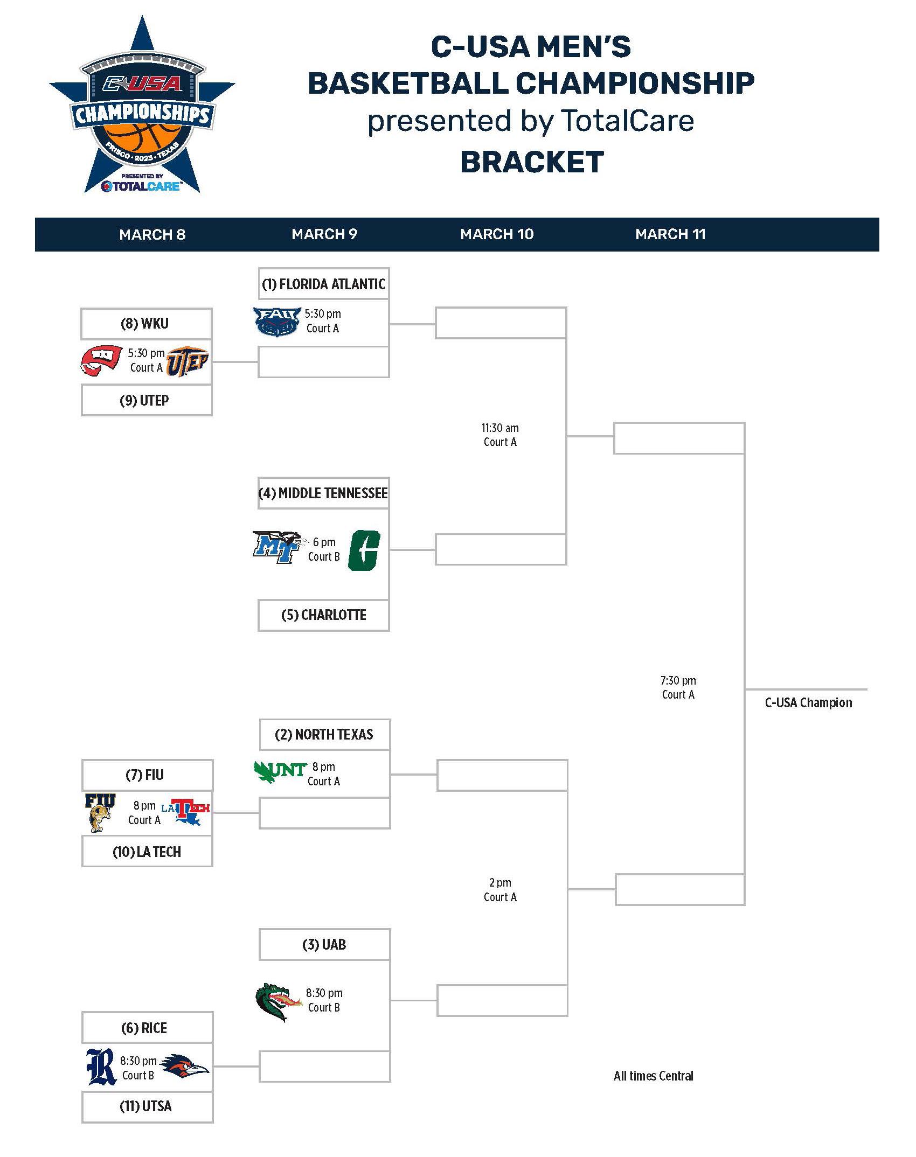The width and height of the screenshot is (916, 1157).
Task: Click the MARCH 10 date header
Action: click(496, 234)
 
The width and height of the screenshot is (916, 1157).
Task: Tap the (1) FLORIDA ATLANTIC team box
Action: click(323, 284)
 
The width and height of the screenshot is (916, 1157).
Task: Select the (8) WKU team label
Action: click(145, 324)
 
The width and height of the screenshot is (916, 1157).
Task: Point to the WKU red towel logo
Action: click(101, 360)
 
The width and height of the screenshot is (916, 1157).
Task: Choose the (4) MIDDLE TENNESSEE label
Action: click(323, 493)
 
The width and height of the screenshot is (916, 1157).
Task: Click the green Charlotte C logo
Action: click(365, 550)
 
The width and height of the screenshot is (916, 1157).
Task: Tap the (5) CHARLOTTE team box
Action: click(323, 615)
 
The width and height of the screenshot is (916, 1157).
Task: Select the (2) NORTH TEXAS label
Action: click(324, 735)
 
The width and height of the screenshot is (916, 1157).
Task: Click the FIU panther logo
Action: click(100, 812)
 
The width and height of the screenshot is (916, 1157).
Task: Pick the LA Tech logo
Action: click(186, 812)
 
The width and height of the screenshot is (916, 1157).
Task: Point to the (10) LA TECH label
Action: click(147, 852)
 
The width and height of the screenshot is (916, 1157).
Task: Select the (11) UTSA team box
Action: click(147, 1107)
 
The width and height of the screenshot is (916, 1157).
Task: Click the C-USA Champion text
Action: click(808, 703)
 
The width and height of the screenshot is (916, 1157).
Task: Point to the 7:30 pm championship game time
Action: click(678, 681)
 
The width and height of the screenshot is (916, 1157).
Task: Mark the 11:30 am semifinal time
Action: click(500, 428)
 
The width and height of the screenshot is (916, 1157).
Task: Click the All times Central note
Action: click(653, 1076)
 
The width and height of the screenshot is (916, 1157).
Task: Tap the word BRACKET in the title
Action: click(532, 162)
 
